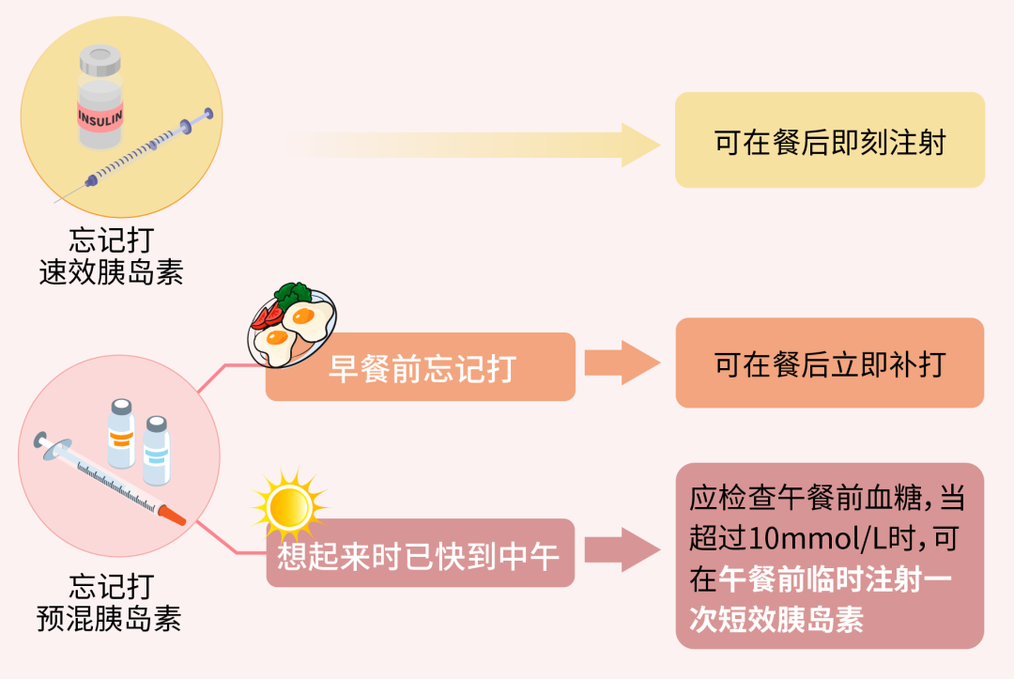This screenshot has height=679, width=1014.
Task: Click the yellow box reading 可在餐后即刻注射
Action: coord(830,141)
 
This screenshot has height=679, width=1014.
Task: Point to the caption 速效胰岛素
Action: coord(112,272)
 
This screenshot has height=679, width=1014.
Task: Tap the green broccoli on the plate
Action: coord(295,292)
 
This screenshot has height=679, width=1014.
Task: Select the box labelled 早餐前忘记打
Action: coord(421,367)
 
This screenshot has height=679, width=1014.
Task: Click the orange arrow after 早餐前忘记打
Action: coord(622,363)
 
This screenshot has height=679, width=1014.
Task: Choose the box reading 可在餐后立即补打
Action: coord(830,363)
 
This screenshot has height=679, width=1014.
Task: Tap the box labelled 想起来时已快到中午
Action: coord(420,555)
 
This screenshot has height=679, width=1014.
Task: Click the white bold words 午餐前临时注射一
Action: coord(836,579)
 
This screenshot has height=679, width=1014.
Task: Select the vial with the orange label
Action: coord(120,433)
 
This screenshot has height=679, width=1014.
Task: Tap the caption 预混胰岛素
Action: coord(110,619)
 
